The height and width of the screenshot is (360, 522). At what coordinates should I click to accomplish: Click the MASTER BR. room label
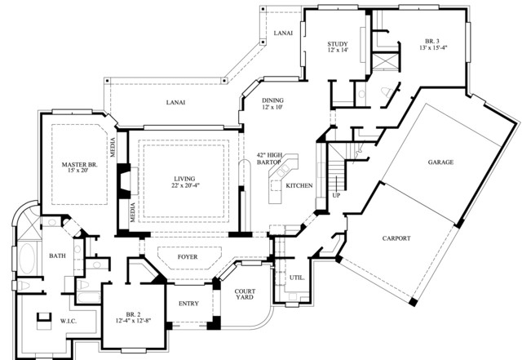(80, 165)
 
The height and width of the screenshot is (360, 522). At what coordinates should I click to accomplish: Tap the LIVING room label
(184, 179)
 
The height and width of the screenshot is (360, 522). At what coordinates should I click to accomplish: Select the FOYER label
(188, 257)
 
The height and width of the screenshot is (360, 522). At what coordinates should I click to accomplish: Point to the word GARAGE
(440, 162)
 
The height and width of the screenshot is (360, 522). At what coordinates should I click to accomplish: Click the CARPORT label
(396, 238)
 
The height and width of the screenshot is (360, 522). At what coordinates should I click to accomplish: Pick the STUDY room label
(338, 44)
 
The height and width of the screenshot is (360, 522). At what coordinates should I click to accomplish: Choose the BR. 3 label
(432, 42)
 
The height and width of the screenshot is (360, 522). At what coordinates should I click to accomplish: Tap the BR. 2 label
(133, 314)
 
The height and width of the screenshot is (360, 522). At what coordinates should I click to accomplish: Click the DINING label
(272, 100)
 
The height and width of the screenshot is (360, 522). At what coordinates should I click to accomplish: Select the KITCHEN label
(299, 185)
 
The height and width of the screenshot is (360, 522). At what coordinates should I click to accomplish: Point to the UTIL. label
(297, 278)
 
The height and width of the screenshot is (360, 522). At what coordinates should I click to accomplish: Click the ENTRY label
(188, 304)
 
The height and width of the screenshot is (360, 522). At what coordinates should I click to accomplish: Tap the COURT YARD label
(245, 294)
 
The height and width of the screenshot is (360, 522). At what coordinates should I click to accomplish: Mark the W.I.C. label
(69, 322)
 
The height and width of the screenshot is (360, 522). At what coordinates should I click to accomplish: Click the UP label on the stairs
(336, 195)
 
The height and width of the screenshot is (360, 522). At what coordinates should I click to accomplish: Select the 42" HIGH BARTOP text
(269, 158)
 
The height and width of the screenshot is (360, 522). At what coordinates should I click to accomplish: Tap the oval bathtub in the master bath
(27, 259)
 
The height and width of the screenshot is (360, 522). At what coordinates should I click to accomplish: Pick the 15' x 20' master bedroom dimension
(77, 171)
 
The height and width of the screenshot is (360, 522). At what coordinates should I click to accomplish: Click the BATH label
(57, 256)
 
